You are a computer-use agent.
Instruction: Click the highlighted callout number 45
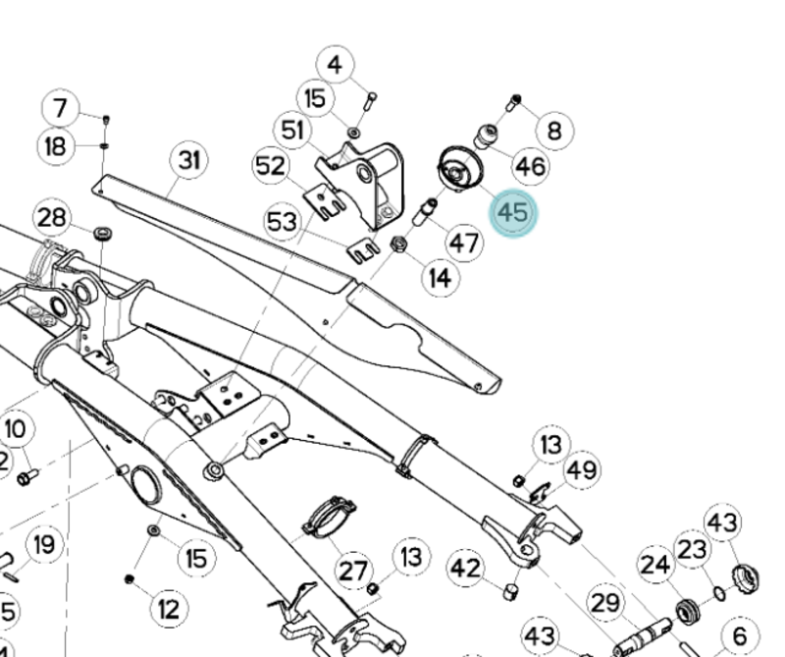coord(513,213)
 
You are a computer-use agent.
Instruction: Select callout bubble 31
coord(189,160)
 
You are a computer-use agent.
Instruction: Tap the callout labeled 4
coord(336,66)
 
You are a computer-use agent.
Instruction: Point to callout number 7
coord(61,107)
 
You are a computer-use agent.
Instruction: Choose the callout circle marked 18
coord(56,147)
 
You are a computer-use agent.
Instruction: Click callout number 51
coord(292,130)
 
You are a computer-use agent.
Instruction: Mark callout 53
coord(283,223)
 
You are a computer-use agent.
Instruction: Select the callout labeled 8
coord(555,130)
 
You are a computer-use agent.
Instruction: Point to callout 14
coord(441,278)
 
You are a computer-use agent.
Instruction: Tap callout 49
coord(582,469)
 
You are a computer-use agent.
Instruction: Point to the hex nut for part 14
coord(399,245)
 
